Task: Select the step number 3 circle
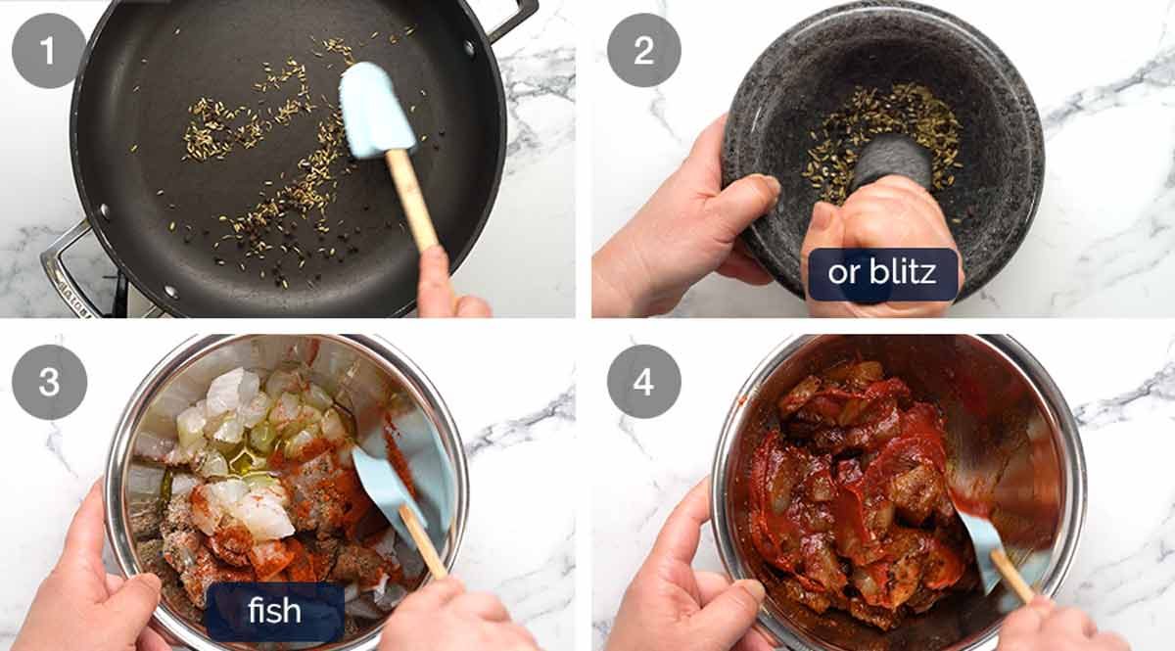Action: coord(48,381)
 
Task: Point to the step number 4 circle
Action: coord(643,381)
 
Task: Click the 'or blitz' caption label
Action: coord(881,273)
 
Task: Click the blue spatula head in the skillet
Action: coord(374,108)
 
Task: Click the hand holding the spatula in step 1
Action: coord(446,289)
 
